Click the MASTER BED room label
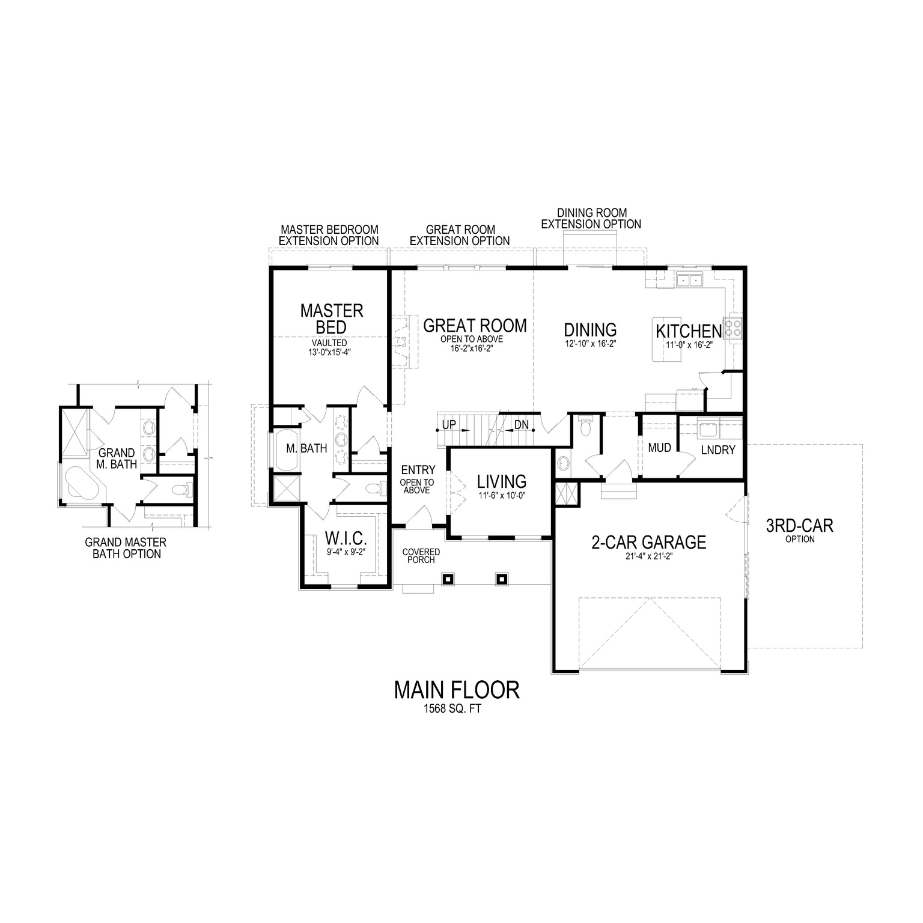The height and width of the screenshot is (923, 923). pyautogui.click(x=331, y=318)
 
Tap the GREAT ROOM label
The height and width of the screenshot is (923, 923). pyautogui.click(x=475, y=326)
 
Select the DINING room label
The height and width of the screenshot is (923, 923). pyautogui.click(x=590, y=329)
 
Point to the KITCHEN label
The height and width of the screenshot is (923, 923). pyautogui.click(x=688, y=331)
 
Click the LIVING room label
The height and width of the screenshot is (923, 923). pyautogui.click(x=501, y=481)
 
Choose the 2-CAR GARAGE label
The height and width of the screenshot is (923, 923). pyautogui.click(x=648, y=543)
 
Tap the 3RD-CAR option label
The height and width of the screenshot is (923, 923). pyautogui.click(x=799, y=526)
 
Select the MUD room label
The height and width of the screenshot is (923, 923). pyautogui.click(x=659, y=448)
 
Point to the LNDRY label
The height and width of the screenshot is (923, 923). pyautogui.click(x=718, y=449)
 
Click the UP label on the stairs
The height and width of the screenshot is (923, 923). pyautogui.click(x=449, y=425)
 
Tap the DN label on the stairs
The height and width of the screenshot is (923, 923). pyautogui.click(x=522, y=425)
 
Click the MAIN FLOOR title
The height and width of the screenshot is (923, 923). pyautogui.click(x=457, y=690)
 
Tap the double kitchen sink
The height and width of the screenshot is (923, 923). pyautogui.click(x=690, y=280)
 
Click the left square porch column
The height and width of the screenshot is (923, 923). pyautogui.click(x=448, y=579)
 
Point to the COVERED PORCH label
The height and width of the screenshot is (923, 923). pyautogui.click(x=421, y=555)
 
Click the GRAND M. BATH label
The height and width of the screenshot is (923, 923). pyautogui.click(x=117, y=458)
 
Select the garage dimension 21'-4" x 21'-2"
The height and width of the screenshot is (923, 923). pyautogui.click(x=648, y=556)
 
